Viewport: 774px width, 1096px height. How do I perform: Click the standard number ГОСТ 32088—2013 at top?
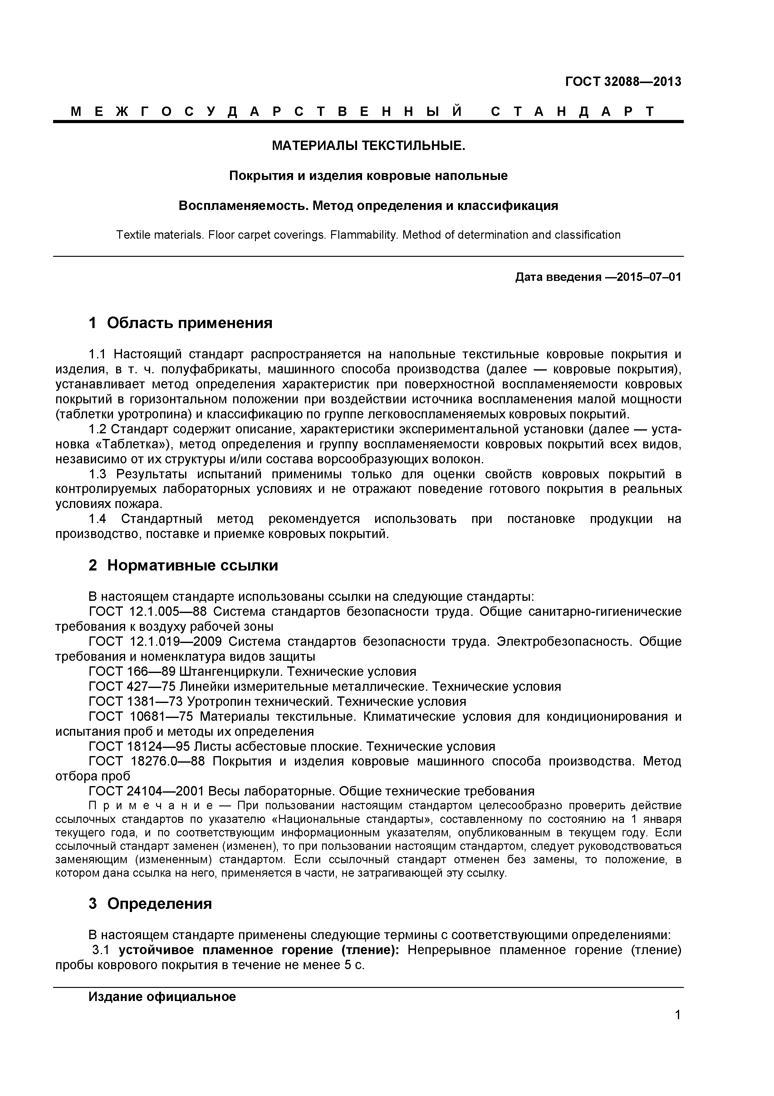(623, 82)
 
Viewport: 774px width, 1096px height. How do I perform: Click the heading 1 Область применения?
(180, 323)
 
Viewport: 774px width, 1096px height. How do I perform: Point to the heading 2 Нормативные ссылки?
(183, 565)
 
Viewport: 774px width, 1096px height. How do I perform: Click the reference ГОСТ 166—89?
(132, 672)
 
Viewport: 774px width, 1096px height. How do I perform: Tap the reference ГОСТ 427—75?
(132, 686)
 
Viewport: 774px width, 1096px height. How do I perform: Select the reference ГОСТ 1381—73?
(135, 701)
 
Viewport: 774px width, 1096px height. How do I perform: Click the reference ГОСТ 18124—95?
(139, 746)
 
